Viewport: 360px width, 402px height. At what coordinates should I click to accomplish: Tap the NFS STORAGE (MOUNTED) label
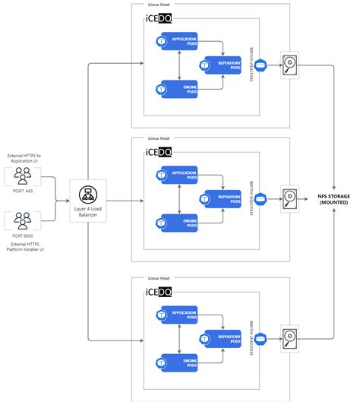334,198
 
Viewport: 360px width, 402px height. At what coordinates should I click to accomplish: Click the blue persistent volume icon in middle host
261,200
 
